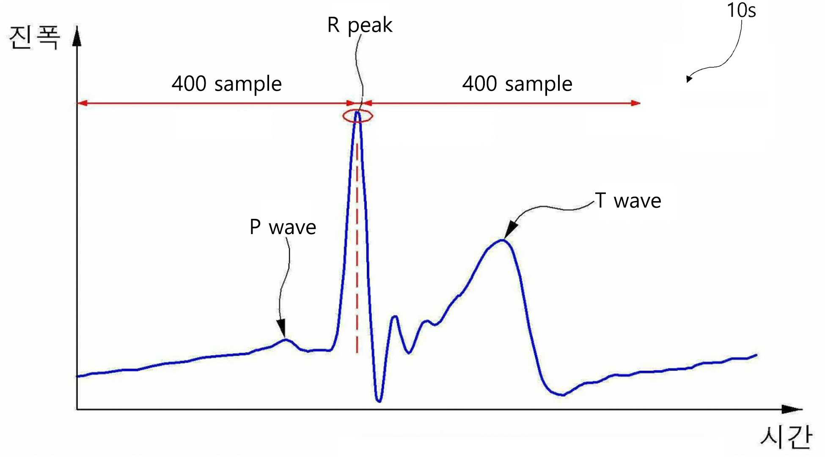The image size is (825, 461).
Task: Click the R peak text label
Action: pyautogui.click(x=360, y=25)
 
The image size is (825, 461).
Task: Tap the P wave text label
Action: pyautogui.click(x=283, y=227)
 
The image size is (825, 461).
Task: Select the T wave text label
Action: pyautogui.click(x=628, y=200)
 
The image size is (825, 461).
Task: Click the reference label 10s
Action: pyautogui.click(x=741, y=10)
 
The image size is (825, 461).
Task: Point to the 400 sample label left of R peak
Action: pyautogui.click(x=227, y=84)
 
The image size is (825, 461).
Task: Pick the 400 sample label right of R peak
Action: pyautogui.click(x=517, y=84)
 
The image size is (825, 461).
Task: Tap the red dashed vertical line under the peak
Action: pyautogui.click(x=357, y=248)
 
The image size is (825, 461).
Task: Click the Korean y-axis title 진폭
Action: pyautogui.click(x=35, y=37)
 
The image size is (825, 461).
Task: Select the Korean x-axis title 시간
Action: pyautogui.click(x=786, y=437)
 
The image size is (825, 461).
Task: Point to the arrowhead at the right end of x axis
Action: pyautogui.click(x=792, y=409)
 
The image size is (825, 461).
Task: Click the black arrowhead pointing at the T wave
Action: pyautogui.click(x=510, y=230)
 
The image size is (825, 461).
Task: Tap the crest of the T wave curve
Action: pyautogui.click(x=502, y=240)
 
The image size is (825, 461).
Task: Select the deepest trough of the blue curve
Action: pyautogui.click(x=379, y=400)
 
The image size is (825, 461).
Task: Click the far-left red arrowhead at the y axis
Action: pyautogui.click(x=82, y=103)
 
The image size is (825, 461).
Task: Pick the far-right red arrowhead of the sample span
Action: pyautogui.click(x=635, y=103)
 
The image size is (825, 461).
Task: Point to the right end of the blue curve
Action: pyautogui.click(x=756, y=355)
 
